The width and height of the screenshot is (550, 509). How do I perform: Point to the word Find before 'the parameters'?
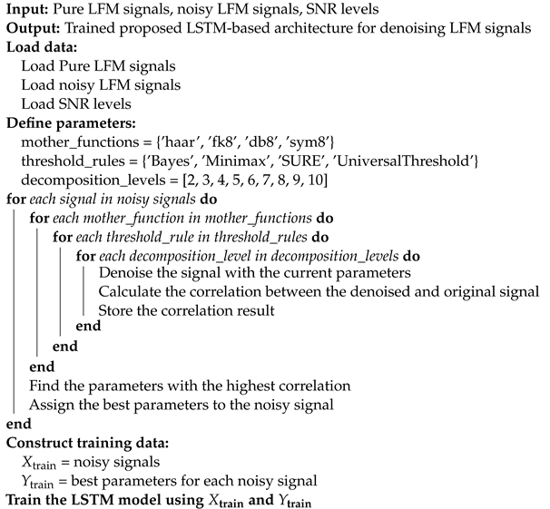point(43,386)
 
